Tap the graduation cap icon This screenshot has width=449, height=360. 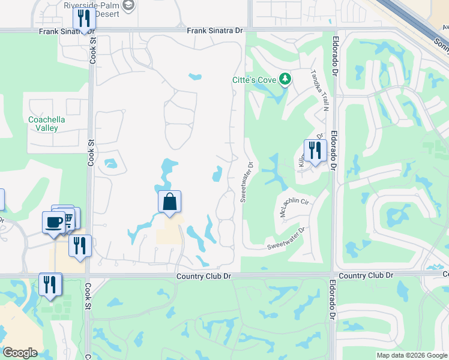128,5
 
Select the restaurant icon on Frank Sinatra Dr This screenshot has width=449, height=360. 84,19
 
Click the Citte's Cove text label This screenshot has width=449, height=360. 255,80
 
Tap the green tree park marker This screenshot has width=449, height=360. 286,79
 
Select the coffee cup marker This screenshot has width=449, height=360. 54,223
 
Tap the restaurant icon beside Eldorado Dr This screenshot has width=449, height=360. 315,150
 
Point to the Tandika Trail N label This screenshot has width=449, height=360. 319,91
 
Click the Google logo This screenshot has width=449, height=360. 20,353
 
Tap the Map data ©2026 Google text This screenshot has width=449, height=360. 412,355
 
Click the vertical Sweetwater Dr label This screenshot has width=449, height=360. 246,181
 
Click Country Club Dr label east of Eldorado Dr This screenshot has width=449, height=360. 366,275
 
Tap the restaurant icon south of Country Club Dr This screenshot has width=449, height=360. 50,284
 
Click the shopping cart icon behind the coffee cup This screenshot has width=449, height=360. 68,217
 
